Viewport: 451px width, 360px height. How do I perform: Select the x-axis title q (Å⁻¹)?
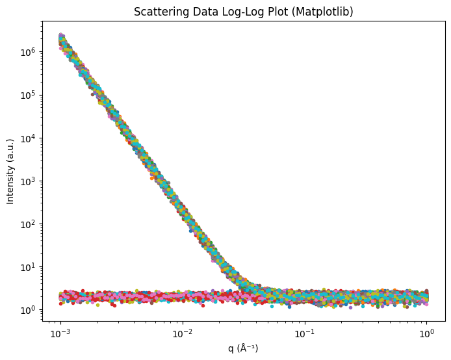(243, 348)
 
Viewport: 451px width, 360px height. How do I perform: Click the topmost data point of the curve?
(61, 34)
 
